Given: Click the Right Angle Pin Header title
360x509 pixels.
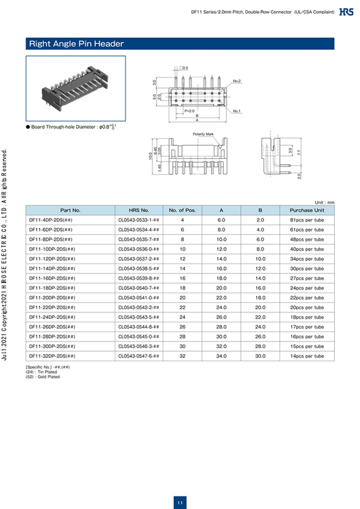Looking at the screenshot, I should coord(77,44).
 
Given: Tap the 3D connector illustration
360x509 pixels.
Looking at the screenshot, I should coord(76,88).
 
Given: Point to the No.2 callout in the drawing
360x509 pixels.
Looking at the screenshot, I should coord(237,81).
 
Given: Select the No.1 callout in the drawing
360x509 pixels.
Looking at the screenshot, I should coord(236,111).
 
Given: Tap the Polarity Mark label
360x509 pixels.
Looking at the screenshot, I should coord(204,134).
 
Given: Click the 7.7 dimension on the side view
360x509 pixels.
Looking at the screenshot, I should coord(299,153).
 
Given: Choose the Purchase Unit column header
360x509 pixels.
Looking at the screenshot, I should coord(307,210).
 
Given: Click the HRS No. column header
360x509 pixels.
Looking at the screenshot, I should coord(139,210).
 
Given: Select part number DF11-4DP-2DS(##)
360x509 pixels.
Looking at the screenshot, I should coord(51,220).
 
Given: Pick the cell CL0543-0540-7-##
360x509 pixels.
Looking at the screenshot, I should coord(139,288).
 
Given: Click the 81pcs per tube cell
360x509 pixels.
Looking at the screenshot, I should coord(307,220).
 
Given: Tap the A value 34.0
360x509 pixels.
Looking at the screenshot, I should coord(221,356).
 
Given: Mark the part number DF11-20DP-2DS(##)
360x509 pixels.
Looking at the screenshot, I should coord(52,297).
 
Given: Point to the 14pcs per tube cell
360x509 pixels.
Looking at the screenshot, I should coord(307,356).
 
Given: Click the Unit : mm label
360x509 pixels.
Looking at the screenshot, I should coord(324,202).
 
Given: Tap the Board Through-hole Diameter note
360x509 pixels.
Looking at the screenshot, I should coord(72,127).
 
